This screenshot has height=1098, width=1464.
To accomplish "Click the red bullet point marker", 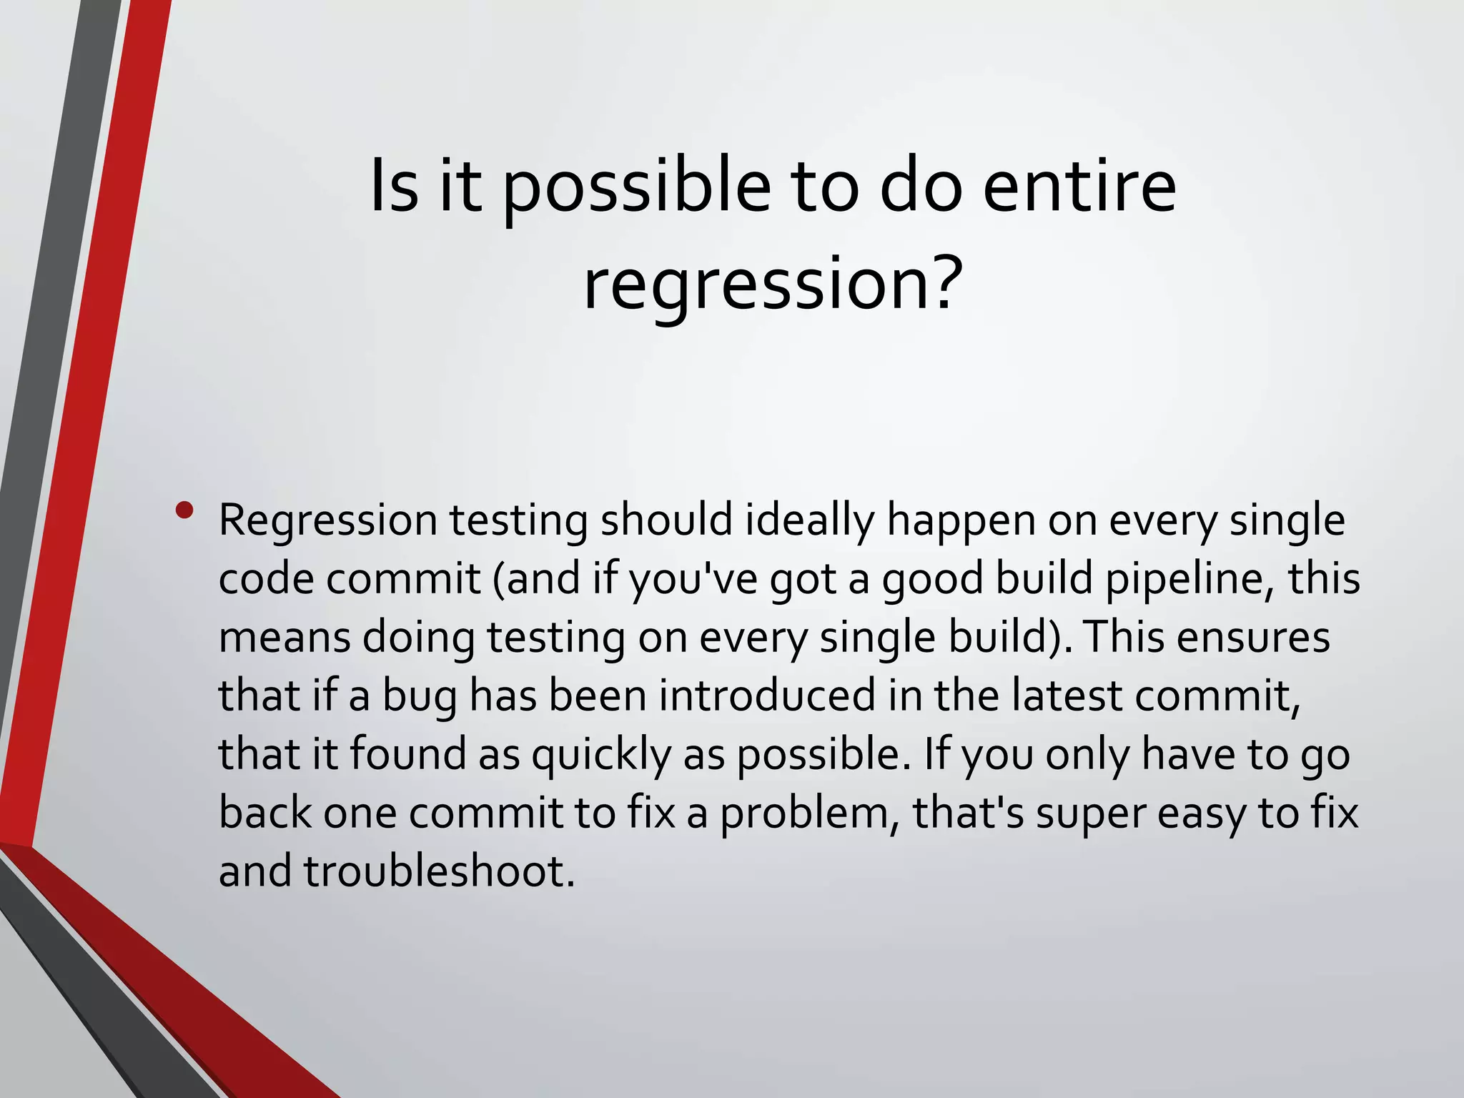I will coord(184,510).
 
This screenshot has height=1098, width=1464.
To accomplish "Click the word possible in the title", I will coord(637,189).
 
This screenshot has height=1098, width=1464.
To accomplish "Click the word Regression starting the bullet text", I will coord(327,521).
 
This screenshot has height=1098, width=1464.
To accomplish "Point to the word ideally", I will coord(810,521).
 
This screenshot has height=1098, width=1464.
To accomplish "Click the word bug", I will coord(420,697).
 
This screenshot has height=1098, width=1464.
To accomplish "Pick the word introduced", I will coord(766,696).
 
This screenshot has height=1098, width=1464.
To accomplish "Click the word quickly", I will coord(600,756).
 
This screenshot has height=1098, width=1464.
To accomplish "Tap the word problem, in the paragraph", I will coord(809,814).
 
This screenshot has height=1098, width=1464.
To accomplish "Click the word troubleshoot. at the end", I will coord(440,872).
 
